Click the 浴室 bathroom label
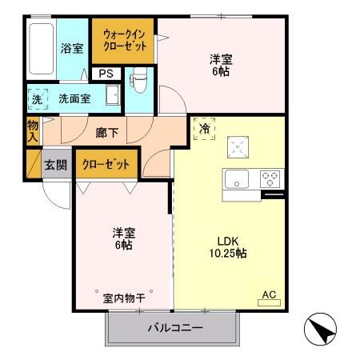point(72,49)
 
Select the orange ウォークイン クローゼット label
point(124,41)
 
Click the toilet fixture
point(138,79)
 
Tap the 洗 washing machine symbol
point(37,100)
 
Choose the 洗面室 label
point(74,100)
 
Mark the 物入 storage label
point(33,130)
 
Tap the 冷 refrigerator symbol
point(205,128)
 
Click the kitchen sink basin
point(238,178)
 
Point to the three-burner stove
point(270,178)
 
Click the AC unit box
point(269,295)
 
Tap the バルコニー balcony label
point(174,328)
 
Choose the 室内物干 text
point(124,298)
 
